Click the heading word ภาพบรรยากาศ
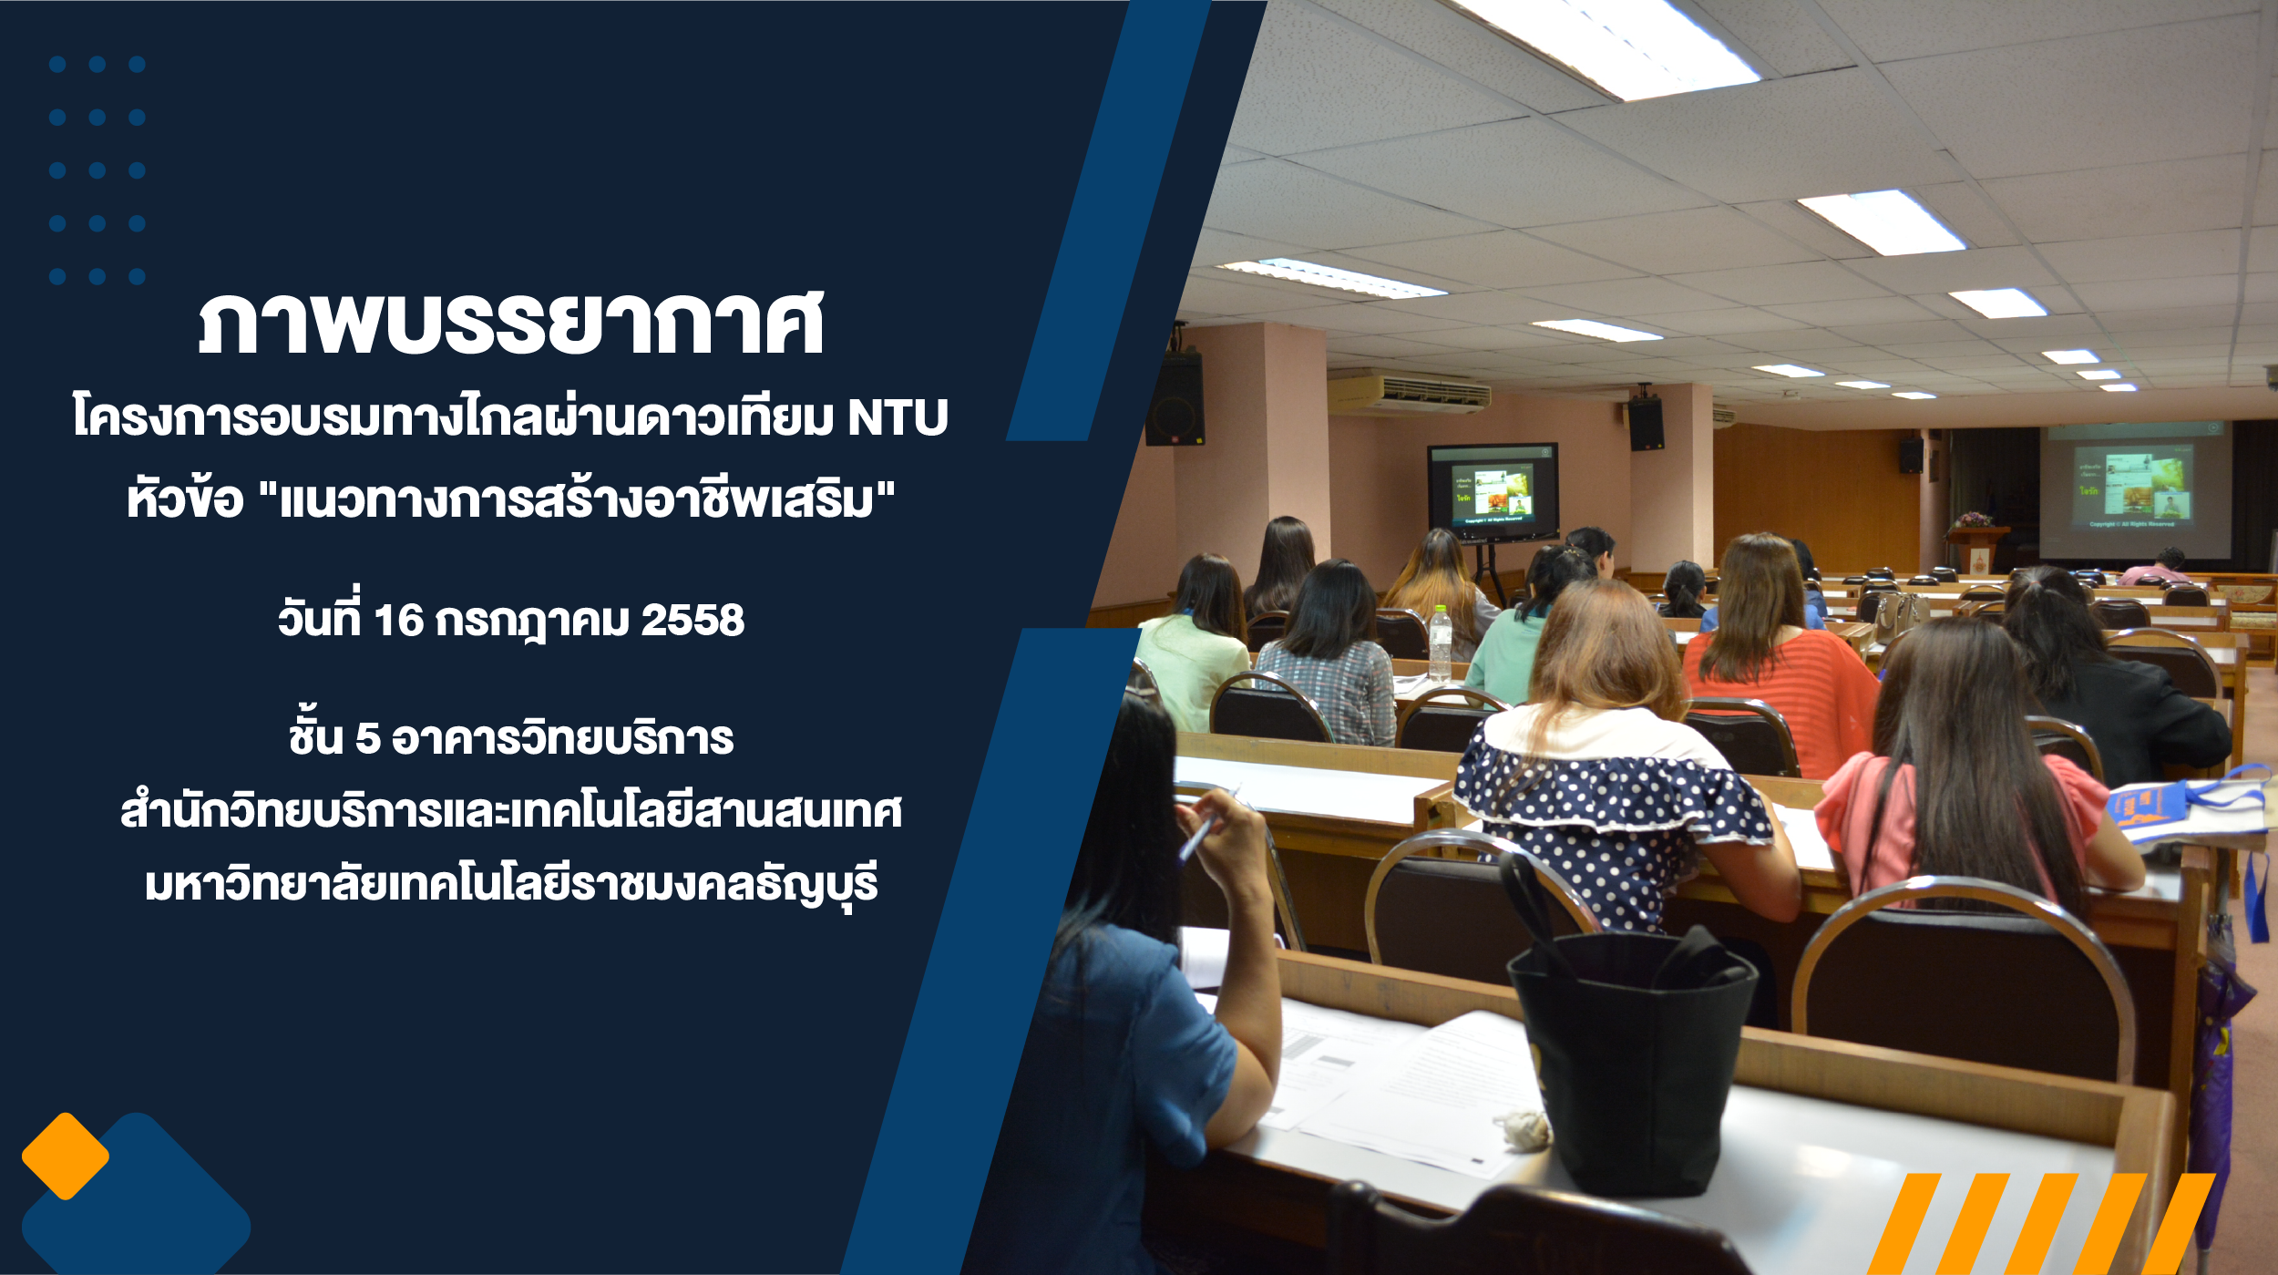click(511, 323)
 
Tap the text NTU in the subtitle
click(898, 418)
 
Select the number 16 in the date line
click(399, 621)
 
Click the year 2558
click(693, 621)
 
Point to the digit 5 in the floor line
click(367, 739)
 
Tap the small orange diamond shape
click(66, 1156)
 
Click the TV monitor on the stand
click(1493, 492)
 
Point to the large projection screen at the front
click(2134, 492)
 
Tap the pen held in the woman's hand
click(1201, 830)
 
